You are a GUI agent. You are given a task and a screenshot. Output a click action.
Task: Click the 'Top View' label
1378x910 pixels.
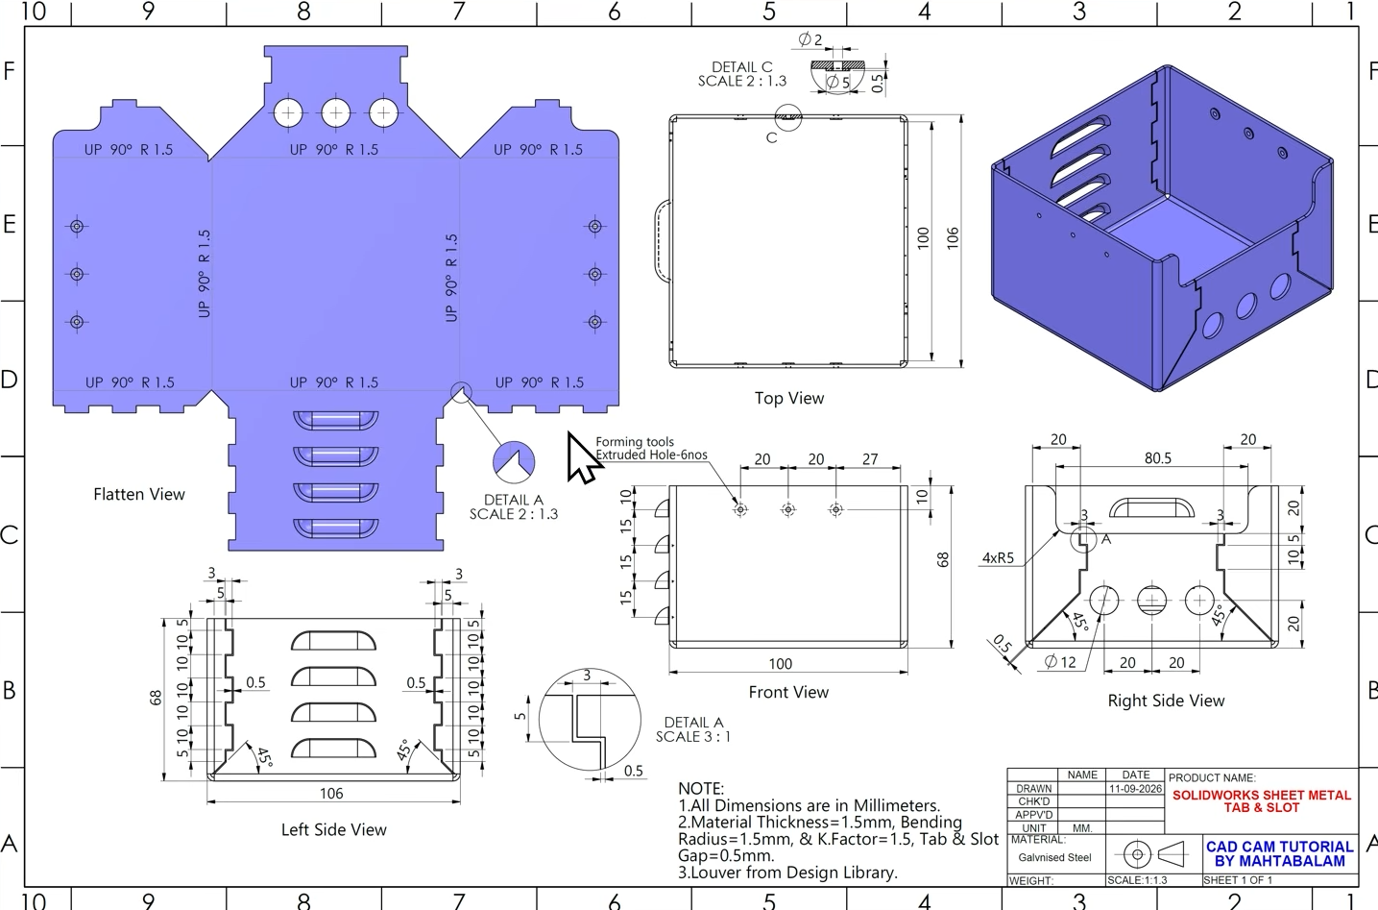point(789,399)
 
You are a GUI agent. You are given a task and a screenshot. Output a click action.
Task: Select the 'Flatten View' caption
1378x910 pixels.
point(139,495)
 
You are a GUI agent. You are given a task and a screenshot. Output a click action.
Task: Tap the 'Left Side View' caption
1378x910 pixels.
point(334,830)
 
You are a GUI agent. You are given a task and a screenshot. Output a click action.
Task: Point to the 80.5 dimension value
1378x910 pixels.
point(1158,458)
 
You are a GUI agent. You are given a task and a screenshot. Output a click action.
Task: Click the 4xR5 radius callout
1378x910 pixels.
point(998,558)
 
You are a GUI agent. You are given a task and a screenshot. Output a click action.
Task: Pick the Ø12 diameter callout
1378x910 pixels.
point(1060,662)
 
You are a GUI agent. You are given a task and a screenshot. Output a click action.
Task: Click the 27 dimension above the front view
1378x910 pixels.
point(870,459)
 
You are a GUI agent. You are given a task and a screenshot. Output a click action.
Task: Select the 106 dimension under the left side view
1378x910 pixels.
point(331,794)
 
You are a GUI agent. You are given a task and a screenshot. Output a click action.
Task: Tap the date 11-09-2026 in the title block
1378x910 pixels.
point(1135,789)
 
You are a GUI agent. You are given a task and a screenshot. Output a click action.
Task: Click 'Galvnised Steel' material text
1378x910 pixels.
point(1054,857)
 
